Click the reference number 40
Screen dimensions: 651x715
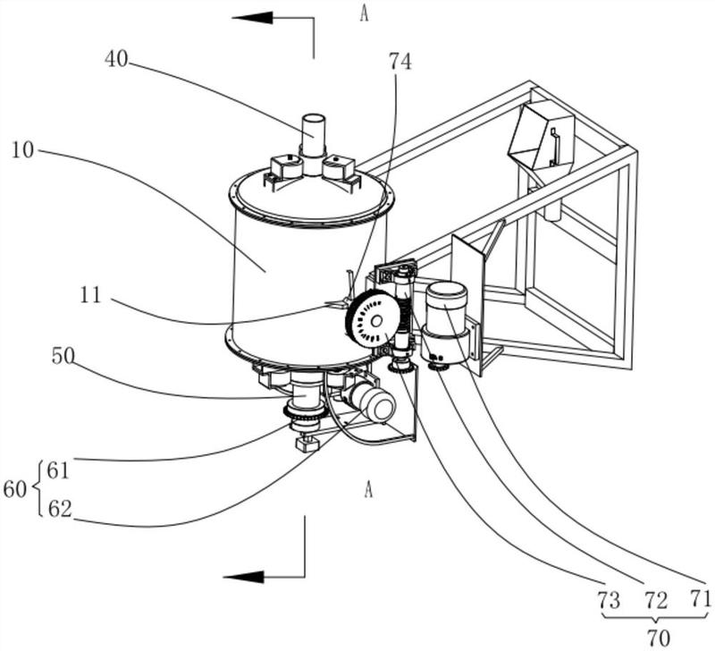[116, 60]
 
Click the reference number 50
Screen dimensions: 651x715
[62, 357]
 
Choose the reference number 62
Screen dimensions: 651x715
[59, 510]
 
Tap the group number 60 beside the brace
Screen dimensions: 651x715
[15, 488]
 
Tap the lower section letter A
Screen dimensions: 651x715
[367, 488]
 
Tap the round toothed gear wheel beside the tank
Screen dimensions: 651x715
[372, 319]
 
